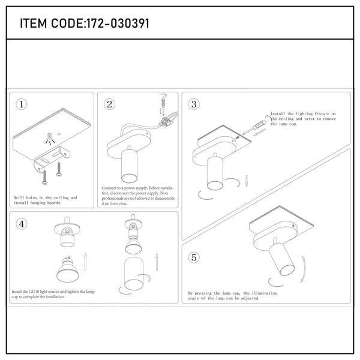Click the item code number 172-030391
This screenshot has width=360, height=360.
click(x=118, y=23)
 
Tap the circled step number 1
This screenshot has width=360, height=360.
click(x=22, y=104)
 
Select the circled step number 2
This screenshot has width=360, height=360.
click(x=110, y=104)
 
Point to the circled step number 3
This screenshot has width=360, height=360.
click(x=194, y=104)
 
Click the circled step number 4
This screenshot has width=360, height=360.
click(x=22, y=224)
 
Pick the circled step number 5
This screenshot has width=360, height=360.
click(x=194, y=257)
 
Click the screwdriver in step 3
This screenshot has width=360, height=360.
click(x=254, y=127)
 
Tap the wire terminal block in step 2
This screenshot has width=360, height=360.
click(x=166, y=122)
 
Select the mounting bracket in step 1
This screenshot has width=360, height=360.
click(x=52, y=158)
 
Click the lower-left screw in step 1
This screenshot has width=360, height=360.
click(x=45, y=178)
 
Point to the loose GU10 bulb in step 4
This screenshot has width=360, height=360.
click(x=68, y=269)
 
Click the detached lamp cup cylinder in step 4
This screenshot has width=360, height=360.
click(x=134, y=274)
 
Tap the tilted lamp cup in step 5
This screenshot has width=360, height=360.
click(x=282, y=260)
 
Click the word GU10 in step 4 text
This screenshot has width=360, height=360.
click(x=34, y=292)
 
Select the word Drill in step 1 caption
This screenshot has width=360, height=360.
click(x=19, y=197)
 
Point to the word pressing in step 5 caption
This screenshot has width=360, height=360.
click(x=203, y=293)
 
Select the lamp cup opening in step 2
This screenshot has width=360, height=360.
click(x=129, y=178)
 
